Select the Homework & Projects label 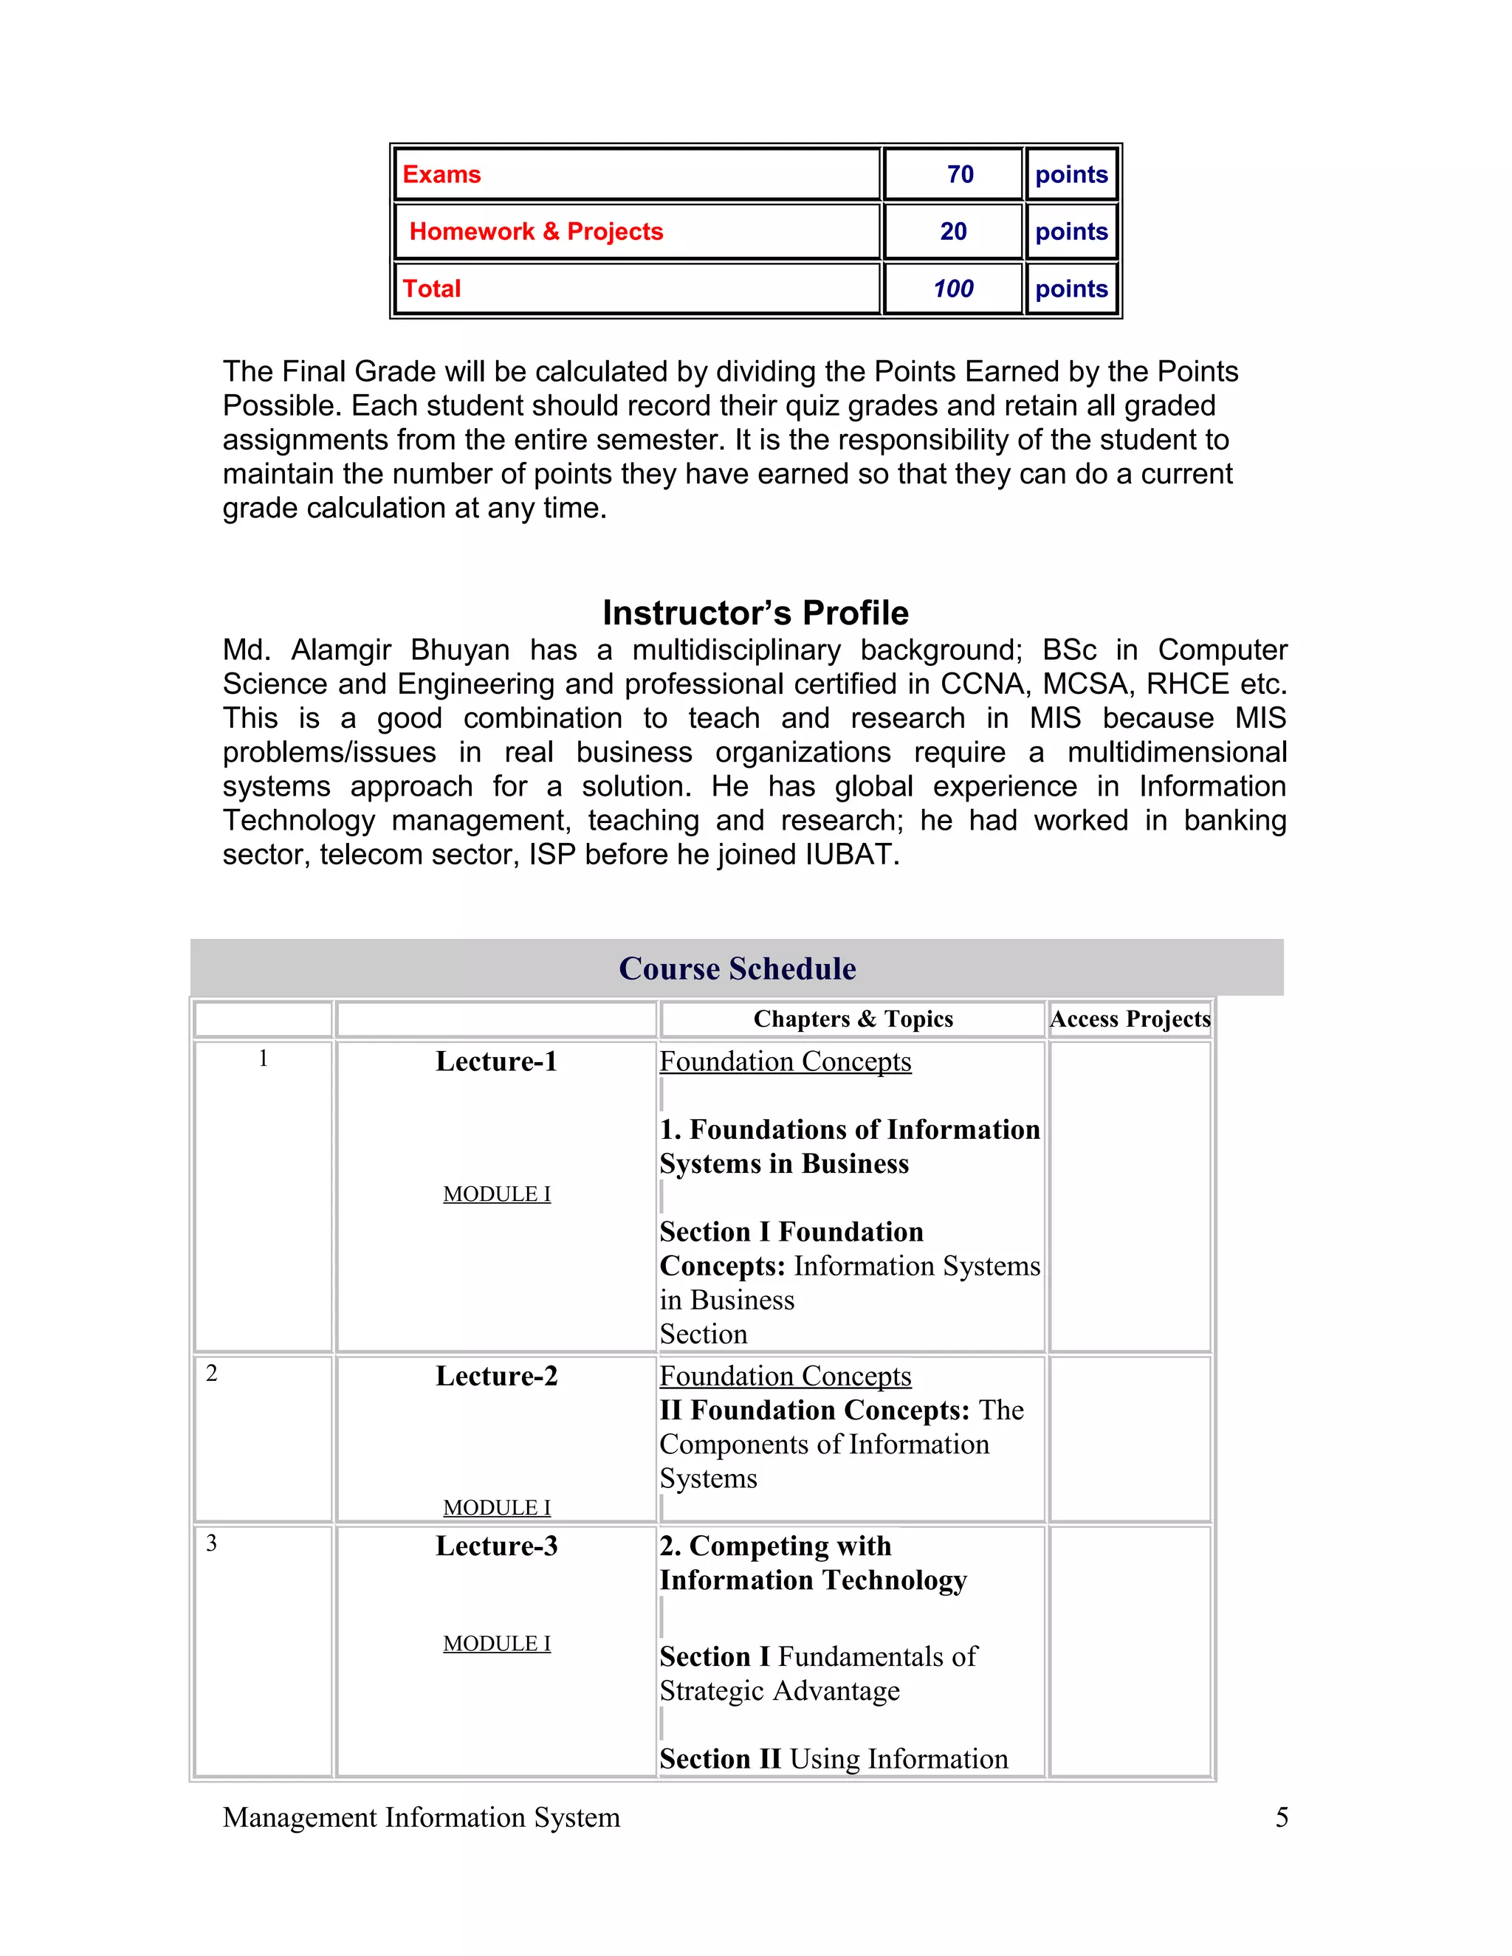pyautogui.click(x=536, y=232)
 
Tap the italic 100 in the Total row pyautogui.click(x=953, y=289)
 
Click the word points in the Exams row pyautogui.click(x=1071, y=175)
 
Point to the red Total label pyautogui.click(x=432, y=289)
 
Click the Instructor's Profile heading pyautogui.click(x=755, y=613)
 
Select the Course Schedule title pyautogui.click(x=738, y=968)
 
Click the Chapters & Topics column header pyautogui.click(x=853, y=1019)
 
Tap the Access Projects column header pyautogui.click(x=1130, y=1019)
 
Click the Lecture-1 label pyautogui.click(x=496, y=1061)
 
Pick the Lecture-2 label pyautogui.click(x=496, y=1377)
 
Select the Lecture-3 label pyautogui.click(x=496, y=1546)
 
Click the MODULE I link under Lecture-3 pyautogui.click(x=496, y=1644)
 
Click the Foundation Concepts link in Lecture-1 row pyautogui.click(x=785, y=1061)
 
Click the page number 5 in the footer pyautogui.click(x=1282, y=1817)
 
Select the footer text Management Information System pyautogui.click(x=421, y=1817)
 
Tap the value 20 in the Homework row pyautogui.click(x=953, y=232)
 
